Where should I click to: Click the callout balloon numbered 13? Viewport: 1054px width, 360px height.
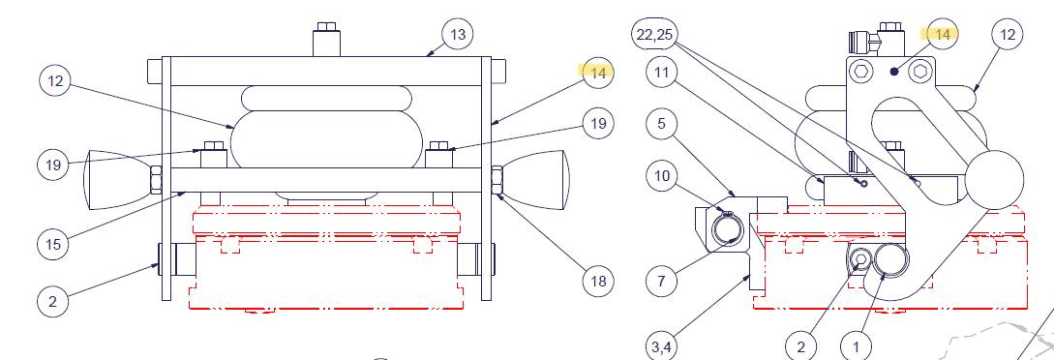click(x=458, y=34)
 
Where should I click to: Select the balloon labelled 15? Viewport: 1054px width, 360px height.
click(x=54, y=244)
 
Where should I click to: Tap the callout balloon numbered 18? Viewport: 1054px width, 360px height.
click(x=598, y=280)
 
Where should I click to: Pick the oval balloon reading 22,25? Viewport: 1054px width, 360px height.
click(x=654, y=34)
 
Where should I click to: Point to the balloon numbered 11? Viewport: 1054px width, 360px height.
click(x=662, y=73)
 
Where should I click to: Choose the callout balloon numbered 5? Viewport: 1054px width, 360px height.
click(x=662, y=124)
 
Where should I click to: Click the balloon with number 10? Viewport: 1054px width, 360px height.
click(x=662, y=176)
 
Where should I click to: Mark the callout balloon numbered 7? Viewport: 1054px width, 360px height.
click(x=662, y=280)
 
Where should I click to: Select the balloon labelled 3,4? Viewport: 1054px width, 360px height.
click(x=662, y=346)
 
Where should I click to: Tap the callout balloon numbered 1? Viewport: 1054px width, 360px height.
click(x=857, y=347)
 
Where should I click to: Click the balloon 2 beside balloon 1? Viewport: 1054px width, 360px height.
click(x=801, y=347)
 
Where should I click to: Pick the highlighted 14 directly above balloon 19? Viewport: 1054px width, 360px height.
click(x=597, y=73)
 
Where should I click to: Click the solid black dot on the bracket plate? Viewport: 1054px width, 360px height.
click(x=894, y=72)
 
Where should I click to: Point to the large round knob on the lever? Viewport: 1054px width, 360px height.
click(x=994, y=179)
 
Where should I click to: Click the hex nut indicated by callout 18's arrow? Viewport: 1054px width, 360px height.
click(x=498, y=179)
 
